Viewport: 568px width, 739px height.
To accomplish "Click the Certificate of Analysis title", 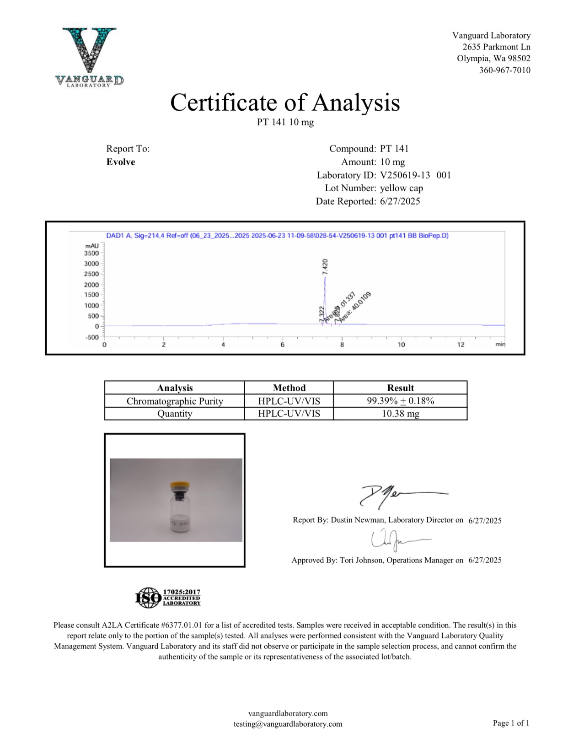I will pyautogui.click(x=285, y=102).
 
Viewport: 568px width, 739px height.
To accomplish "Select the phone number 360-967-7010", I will pyautogui.click(x=504, y=70).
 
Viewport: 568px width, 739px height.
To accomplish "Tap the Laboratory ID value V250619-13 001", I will pyautogui.click(x=415, y=175).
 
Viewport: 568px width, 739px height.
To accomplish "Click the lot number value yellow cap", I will pyautogui.click(x=402, y=188).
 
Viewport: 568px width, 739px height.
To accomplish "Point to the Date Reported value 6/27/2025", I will pyautogui.click(x=400, y=201).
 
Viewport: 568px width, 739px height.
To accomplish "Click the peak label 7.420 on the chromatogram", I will pyautogui.click(x=325, y=266).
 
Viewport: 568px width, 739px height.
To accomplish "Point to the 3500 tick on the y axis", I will pyautogui.click(x=91, y=253).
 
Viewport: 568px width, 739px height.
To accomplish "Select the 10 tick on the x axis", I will pyautogui.click(x=401, y=345).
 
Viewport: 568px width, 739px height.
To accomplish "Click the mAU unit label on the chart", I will pyautogui.click(x=92, y=246).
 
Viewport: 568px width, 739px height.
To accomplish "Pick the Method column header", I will pyautogui.click(x=289, y=388).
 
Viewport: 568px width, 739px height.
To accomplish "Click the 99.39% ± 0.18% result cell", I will pyautogui.click(x=400, y=401).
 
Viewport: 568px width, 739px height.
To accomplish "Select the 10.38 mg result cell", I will pyautogui.click(x=400, y=414).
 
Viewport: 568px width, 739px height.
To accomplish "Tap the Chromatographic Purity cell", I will pyautogui.click(x=175, y=401).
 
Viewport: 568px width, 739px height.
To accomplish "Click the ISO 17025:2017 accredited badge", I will pyautogui.click(x=168, y=598).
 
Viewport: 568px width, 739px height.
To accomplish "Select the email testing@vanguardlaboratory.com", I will pyautogui.click(x=288, y=724).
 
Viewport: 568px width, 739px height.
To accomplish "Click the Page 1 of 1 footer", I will pyautogui.click(x=511, y=723).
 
